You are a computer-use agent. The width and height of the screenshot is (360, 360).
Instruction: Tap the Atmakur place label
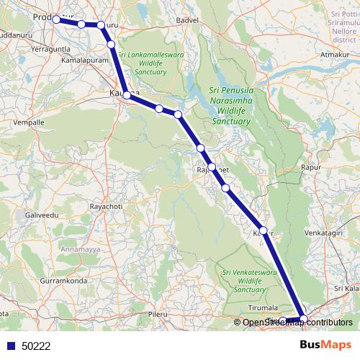(335, 53)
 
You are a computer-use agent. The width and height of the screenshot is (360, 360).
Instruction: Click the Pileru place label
(157, 315)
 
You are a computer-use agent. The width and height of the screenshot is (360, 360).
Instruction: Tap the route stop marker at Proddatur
(56, 19)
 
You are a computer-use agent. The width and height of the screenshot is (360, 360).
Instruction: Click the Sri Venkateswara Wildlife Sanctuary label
(243, 280)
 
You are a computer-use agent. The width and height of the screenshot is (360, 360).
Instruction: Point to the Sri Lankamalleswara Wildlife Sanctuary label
(149, 63)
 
